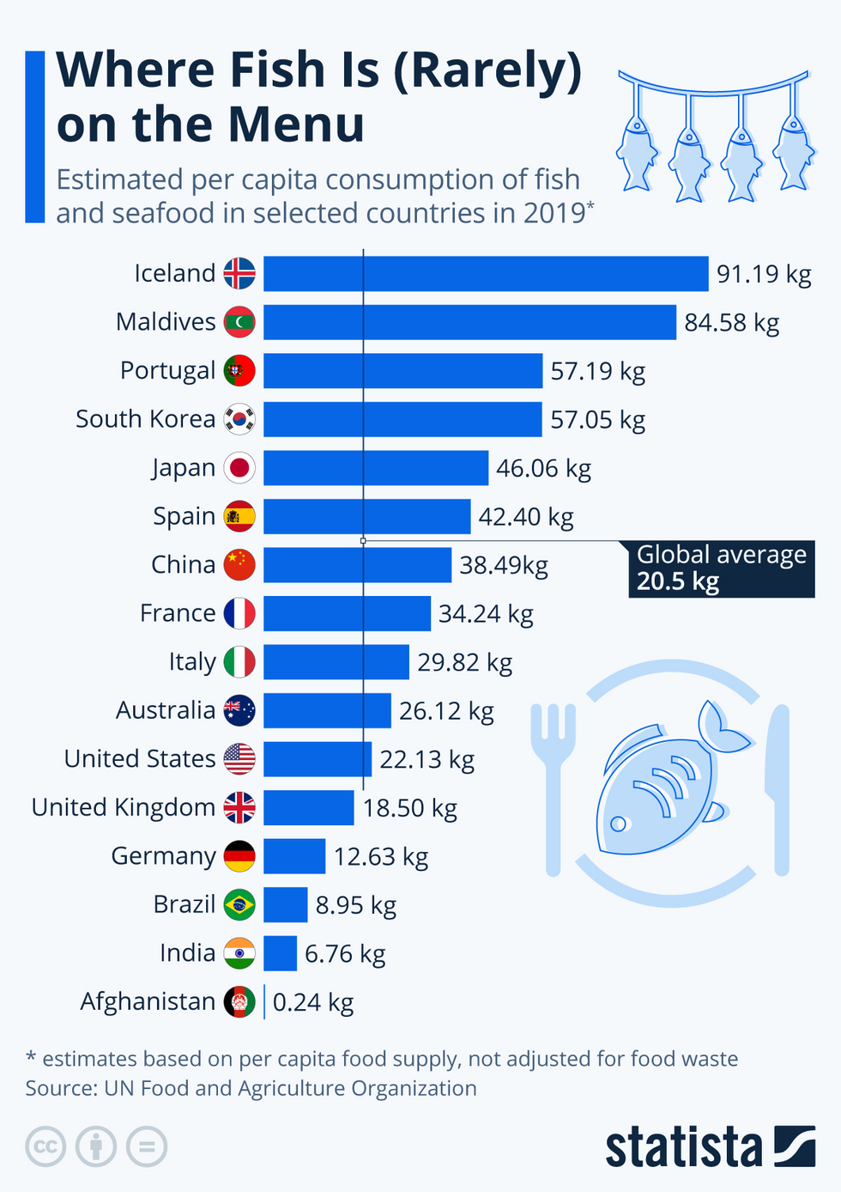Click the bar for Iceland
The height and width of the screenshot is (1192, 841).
point(486,274)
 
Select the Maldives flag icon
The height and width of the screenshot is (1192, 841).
point(239,322)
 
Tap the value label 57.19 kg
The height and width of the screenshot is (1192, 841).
point(597,371)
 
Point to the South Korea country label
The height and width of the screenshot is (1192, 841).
point(145,419)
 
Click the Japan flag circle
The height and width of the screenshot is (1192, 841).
point(239,468)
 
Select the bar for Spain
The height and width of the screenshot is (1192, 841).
point(367,516)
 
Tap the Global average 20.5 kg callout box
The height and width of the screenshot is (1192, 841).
point(721,569)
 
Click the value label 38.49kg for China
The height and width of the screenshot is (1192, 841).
point(503,565)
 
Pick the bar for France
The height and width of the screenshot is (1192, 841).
point(347,614)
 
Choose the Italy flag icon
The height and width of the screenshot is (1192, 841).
point(239,662)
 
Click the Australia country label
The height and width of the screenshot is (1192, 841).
point(166,710)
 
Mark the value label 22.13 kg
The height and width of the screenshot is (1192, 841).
point(427,759)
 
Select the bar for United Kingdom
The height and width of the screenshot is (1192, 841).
point(309,808)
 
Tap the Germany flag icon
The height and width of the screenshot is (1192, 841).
point(239,856)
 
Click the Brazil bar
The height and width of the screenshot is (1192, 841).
point(286,905)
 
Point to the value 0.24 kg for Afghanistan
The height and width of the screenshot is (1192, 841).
point(312,1002)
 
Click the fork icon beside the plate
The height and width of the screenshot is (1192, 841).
point(553,773)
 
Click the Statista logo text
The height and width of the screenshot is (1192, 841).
point(684,1147)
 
